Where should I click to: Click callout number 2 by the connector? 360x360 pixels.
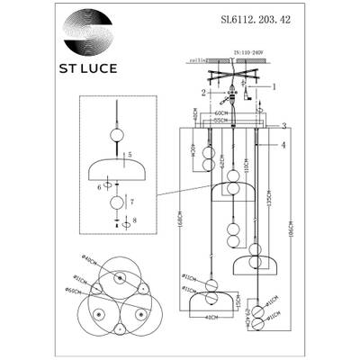[x=205, y=92]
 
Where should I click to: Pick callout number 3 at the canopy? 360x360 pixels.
[x=283, y=126]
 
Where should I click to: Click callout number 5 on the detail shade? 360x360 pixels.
[x=131, y=154]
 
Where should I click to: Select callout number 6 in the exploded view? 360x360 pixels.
[x=101, y=185]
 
